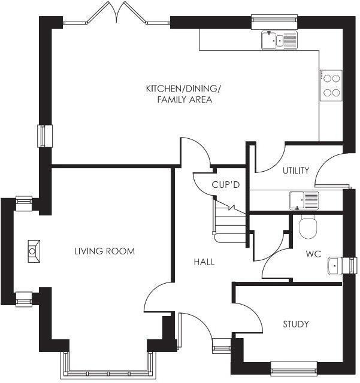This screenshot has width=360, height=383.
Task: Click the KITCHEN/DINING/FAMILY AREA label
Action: (184, 95)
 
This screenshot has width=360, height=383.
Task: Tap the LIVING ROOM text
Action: (104, 251)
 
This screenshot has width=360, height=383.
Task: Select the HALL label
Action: (204, 262)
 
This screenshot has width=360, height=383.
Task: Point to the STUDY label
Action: (296, 324)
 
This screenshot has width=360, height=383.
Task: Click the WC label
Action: (313, 254)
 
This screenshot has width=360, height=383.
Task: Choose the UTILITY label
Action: (296, 171)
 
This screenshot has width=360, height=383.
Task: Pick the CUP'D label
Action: (225, 185)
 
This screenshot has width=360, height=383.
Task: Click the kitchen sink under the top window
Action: (279, 41)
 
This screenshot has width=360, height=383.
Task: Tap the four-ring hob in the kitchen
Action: (331, 85)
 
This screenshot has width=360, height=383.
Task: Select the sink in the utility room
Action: (304, 200)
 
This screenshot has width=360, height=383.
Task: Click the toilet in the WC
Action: (308, 227)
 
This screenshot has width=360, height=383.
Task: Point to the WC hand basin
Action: (335, 265)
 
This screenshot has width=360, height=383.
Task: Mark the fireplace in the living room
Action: (34, 251)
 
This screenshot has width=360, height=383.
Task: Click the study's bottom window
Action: (294, 366)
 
